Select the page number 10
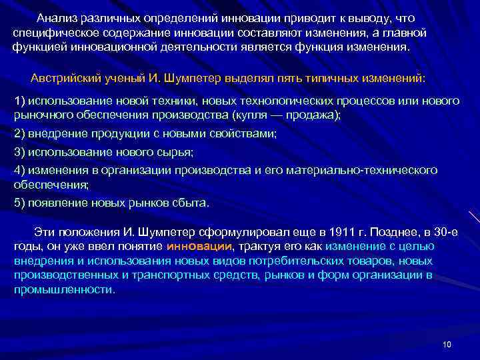(x=447, y=344)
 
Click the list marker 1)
(x=19, y=101)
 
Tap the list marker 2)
(x=19, y=133)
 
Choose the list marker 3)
(x=19, y=152)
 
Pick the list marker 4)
(x=19, y=170)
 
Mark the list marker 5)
(x=19, y=203)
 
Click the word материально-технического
(x=361, y=170)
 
